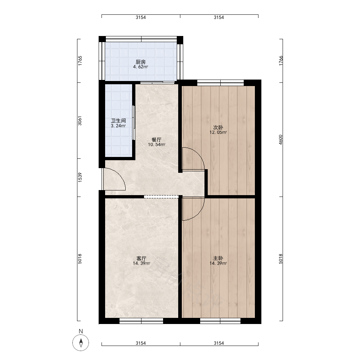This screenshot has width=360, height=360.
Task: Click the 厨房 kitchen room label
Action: pos(140,62)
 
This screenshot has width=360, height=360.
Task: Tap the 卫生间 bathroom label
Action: pos(118,121)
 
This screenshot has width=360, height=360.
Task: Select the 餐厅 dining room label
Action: pos(157,140)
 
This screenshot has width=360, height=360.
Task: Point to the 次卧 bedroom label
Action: pos(218,127)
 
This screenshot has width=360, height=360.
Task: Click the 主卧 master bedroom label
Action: pos(218,258)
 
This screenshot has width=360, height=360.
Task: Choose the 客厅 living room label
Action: pos(141,258)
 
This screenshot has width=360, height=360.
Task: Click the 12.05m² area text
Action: pos(218,132)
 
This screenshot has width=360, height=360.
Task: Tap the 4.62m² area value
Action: pos(140,67)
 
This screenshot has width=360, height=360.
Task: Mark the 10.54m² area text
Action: pos(157,145)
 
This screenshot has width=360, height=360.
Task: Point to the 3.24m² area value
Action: pos(118,126)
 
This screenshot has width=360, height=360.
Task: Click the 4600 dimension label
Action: pos(280,140)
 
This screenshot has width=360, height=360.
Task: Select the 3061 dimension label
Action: pos(80,121)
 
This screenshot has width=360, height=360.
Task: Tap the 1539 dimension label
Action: pos(80,177)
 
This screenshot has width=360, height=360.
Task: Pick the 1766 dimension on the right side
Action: pos(281,60)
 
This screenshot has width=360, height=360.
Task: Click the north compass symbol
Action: pos(81,343)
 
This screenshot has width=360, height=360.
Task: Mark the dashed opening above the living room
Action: pos(161,197)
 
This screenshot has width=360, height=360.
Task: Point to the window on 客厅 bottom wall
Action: pos(141,321)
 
